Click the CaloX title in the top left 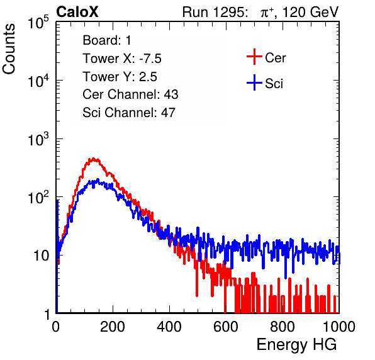tap(77, 12)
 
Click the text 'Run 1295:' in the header tap(215, 12)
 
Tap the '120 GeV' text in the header tap(310, 12)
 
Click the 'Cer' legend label tap(275, 58)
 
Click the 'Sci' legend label tap(274, 84)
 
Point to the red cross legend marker tap(254, 57)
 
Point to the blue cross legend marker tap(254, 82)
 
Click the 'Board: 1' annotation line tap(107, 40)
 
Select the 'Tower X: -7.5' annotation tap(122, 59)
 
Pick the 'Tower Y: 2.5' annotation tap(120, 77)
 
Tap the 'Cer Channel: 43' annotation tap(130, 94)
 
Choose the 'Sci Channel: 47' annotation tap(129, 113)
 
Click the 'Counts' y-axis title tap(9, 49)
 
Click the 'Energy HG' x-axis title tap(296, 345)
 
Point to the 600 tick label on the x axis tap(225, 327)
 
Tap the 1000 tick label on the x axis tap(339, 327)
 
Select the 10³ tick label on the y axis tap(38, 138)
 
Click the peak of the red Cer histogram tap(93, 159)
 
